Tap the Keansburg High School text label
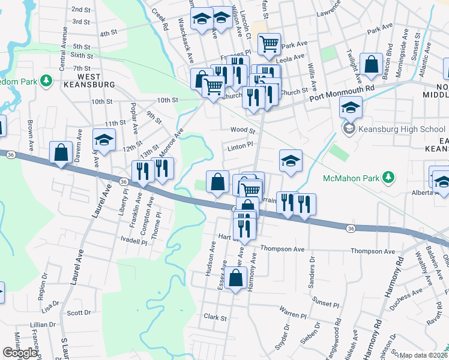click(x=402, y=129)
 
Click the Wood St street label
click(x=243, y=130)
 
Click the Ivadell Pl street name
click(x=133, y=242)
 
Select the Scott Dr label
click(x=79, y=313)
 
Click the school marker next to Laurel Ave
click(x=104, y=142)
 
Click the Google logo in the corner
click(x=20, y=353)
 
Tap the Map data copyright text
click(x=423, y=355)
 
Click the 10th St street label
click(x=101, y=101)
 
